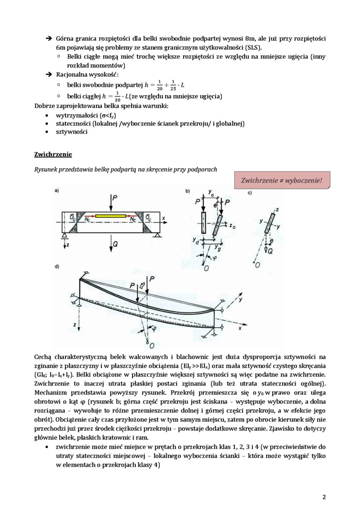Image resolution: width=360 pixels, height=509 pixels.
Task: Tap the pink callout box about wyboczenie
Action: pos(282,180)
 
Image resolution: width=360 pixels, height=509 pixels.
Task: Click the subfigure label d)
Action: pos(57,267)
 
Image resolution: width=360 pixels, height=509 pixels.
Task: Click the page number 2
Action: pos(324,497)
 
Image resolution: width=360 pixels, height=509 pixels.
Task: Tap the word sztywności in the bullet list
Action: pos(72,132)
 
